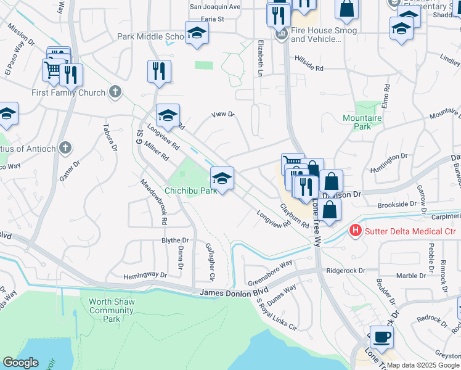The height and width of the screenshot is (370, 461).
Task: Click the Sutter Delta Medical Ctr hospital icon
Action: tap(356, 231)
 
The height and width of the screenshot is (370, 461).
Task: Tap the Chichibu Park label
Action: tap(190, 191)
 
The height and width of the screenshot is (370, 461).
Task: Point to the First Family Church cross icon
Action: tap(114, 92)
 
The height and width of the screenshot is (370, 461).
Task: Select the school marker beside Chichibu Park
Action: tap(222, 179)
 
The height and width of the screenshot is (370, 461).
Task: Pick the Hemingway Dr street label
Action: tap(145, 275)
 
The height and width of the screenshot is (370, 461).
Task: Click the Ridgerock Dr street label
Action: tap(346, 270)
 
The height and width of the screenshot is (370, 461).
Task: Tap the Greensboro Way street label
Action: tap(270, 272)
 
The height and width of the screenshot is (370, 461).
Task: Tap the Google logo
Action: tap(20, 362)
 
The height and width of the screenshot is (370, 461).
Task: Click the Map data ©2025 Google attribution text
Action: tap(422, 365)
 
